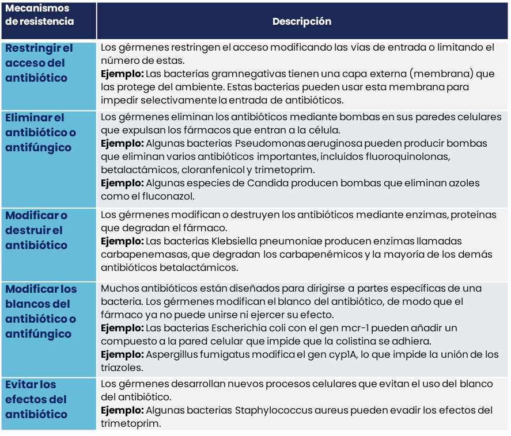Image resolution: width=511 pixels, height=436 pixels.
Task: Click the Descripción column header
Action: click(301, 22)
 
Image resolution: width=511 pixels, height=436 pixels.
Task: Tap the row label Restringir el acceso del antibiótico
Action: click(36, 63)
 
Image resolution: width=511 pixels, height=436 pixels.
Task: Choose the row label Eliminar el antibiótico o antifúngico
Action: click(40, 132)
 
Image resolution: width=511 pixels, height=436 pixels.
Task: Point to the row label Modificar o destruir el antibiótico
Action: click(36, 230)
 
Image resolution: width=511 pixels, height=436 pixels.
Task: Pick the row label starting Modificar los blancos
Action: click(41, 311)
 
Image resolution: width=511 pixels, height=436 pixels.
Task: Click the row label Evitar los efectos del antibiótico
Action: click(36, 399)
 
